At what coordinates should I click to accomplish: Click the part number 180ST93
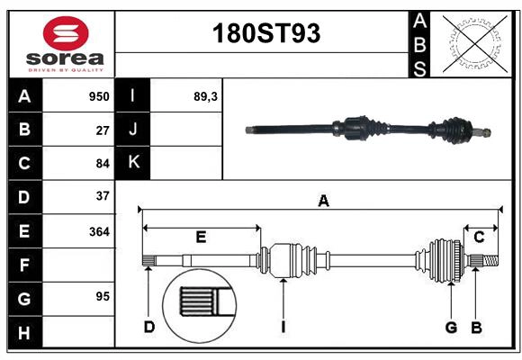(265, 34)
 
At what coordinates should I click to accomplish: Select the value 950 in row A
(98, 96)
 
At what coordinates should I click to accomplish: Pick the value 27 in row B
(102, 130)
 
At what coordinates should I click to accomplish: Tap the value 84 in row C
(102, 163)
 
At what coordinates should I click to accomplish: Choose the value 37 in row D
(102, 195)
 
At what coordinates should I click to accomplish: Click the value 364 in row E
(99, 231)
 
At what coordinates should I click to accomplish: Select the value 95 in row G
(102, 296)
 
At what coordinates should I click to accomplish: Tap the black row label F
(24, 265)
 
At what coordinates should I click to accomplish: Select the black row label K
(133, 163)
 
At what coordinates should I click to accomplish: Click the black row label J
(133, 130)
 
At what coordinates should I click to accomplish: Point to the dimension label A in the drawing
(323, 202)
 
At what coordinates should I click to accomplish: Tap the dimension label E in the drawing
(201, 238)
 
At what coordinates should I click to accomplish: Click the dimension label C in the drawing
(480, 238)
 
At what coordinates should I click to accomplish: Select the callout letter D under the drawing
(149, 327)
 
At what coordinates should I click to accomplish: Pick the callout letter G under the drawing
(451, 327)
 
